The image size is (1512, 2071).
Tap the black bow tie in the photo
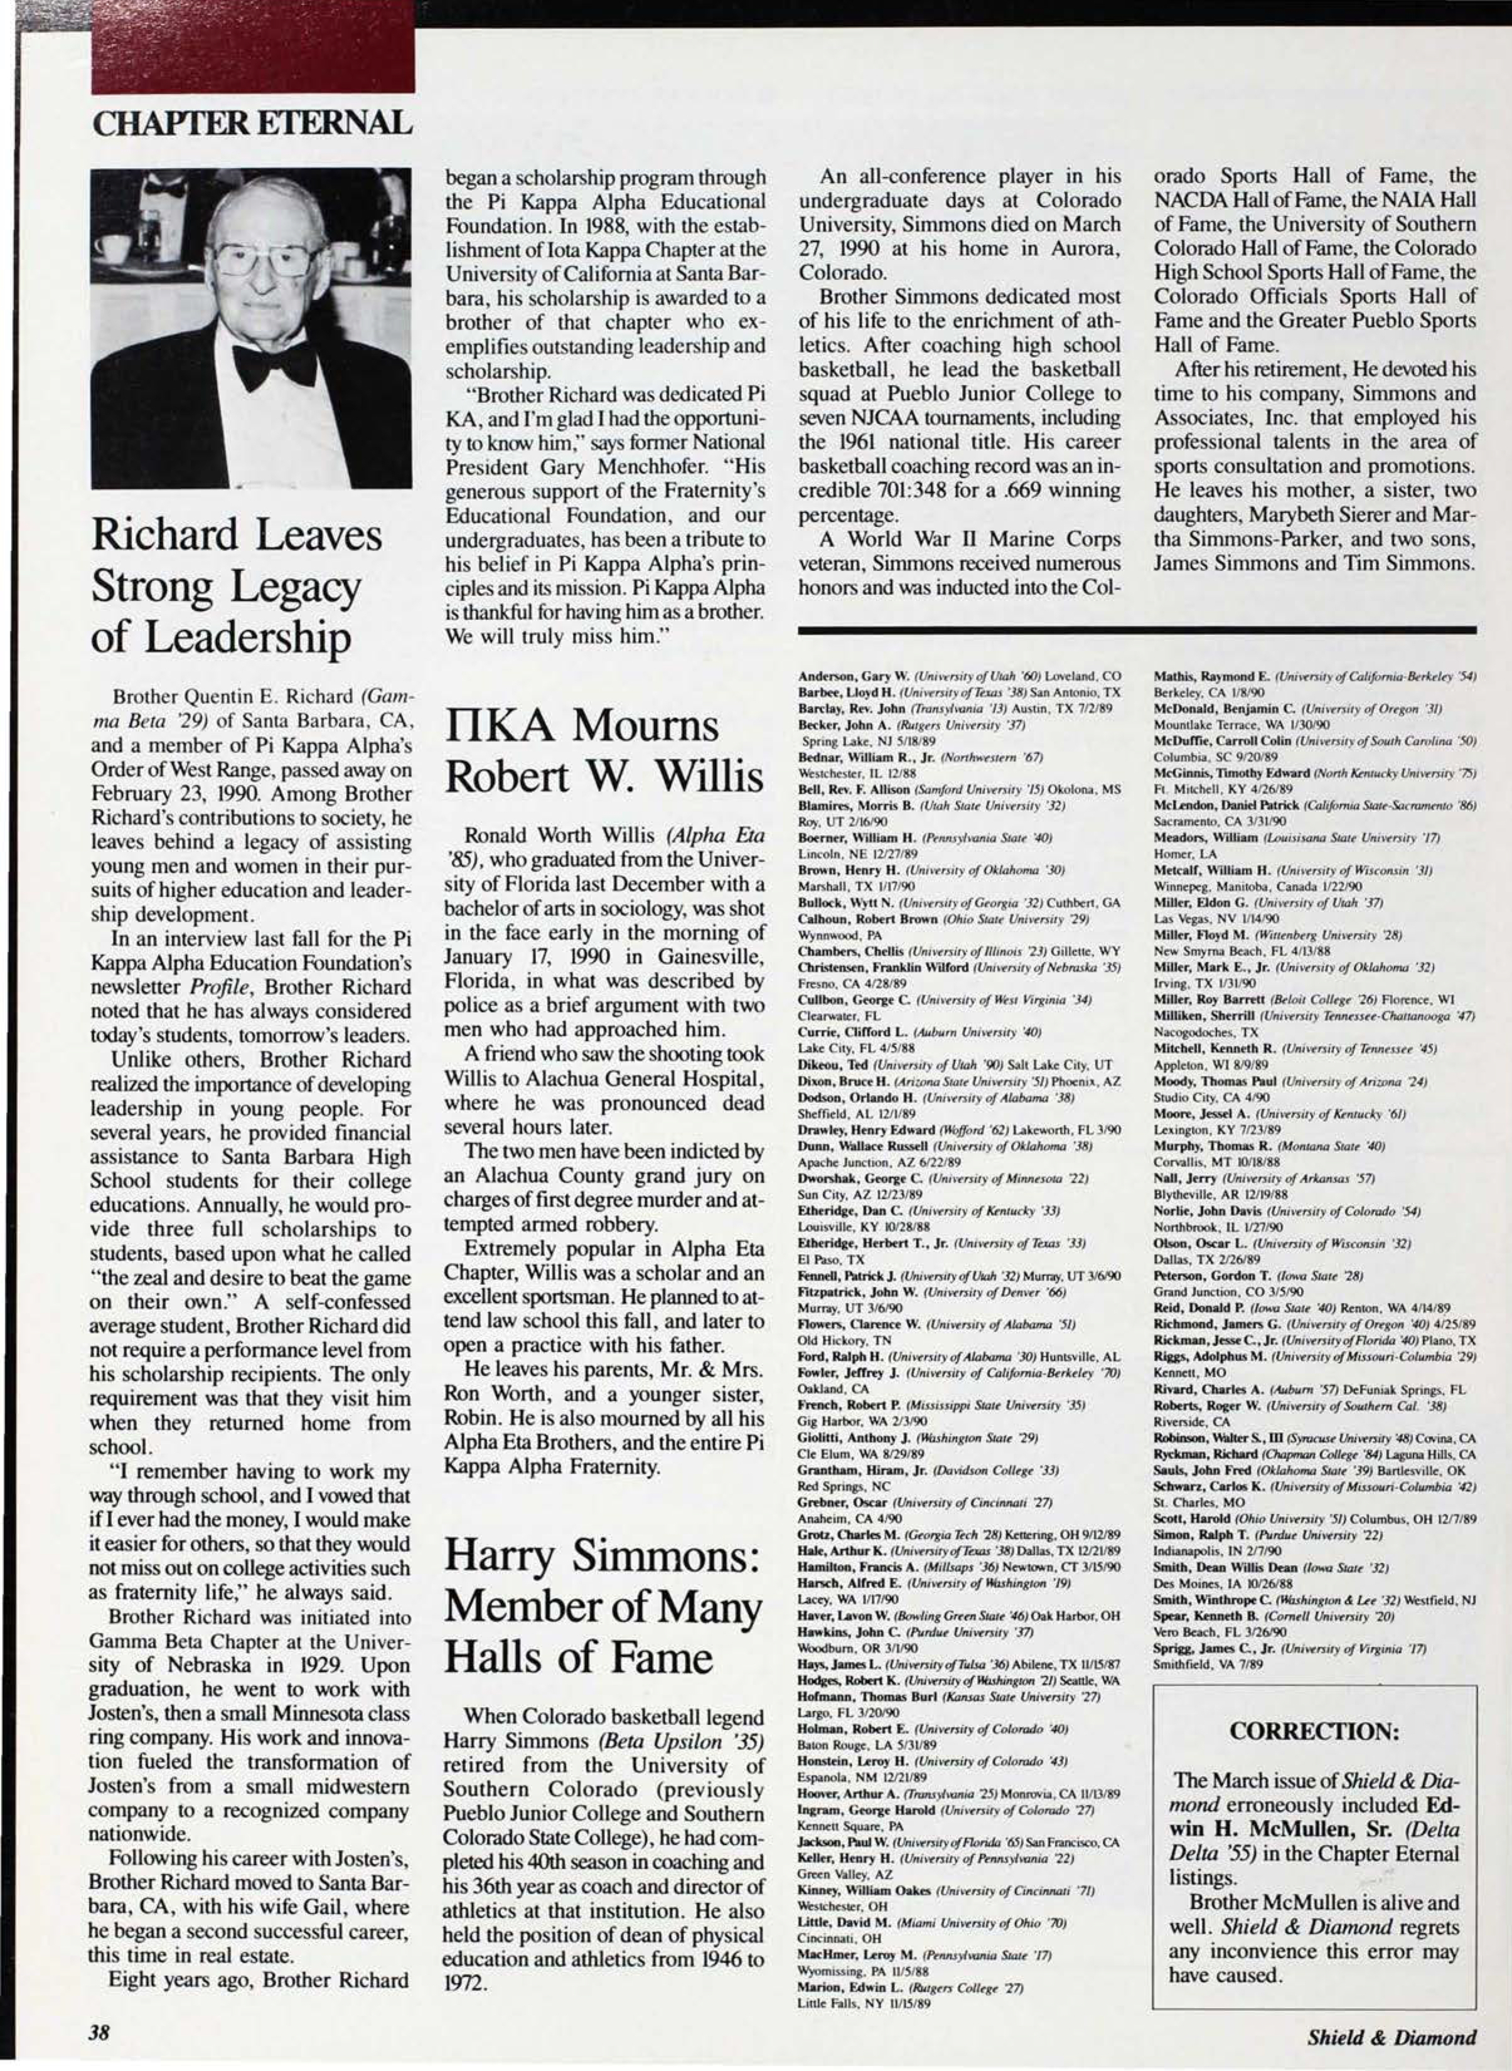(x=274, y=363)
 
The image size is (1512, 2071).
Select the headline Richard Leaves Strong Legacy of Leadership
(x=236, y=587)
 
